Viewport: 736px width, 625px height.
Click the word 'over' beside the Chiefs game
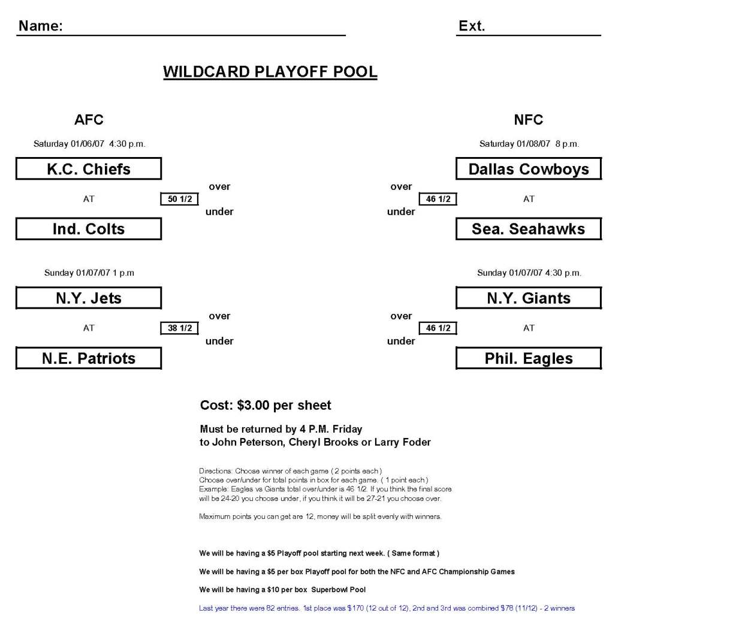(219, 186)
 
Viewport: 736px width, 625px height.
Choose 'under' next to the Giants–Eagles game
(401, 341)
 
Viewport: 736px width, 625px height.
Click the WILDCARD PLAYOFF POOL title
(270, 72)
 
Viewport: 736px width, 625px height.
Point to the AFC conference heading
(89, 120)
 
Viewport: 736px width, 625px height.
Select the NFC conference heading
(529, 120)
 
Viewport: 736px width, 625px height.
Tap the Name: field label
(41, 26)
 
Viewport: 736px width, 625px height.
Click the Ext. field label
(472, 26)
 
